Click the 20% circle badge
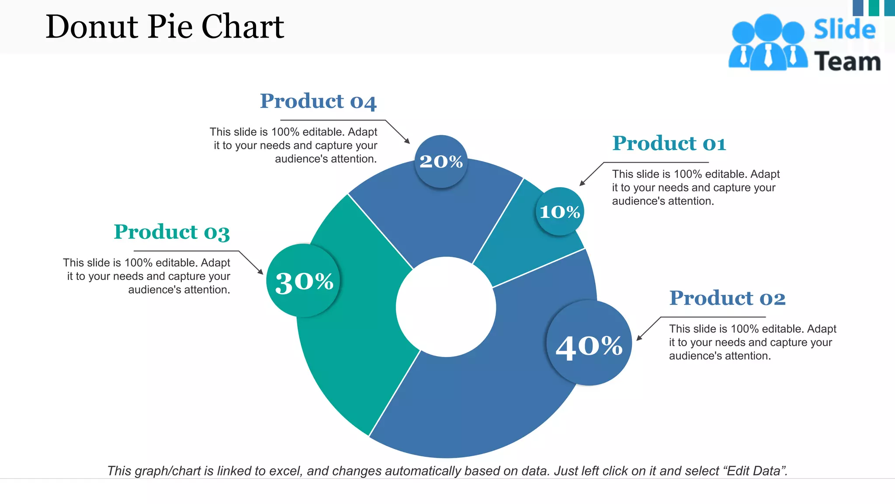click(x=441, y=162)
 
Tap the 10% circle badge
click(x=560, y=212)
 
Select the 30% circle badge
click(x=304, y=281)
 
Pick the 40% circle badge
click(x=589, y=343)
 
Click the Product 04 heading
click(x=318, y=101)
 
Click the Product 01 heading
click(x=669, y=143)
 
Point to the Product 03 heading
click(x=172, y=232)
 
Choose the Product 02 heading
click(x=727, y=298)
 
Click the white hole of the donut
click(x=446, y=307)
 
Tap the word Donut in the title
click(x=92, y=27)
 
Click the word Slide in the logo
click(x=844, y=29)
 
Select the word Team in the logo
click(x=847, y=62)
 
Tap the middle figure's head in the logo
click(x=768, y=27)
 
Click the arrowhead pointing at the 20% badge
click(x=407, y=141)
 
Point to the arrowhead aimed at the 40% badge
click(x=639, y=337)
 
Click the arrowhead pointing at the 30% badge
click(x=260, y=272)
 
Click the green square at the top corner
click(x=874, y=7)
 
